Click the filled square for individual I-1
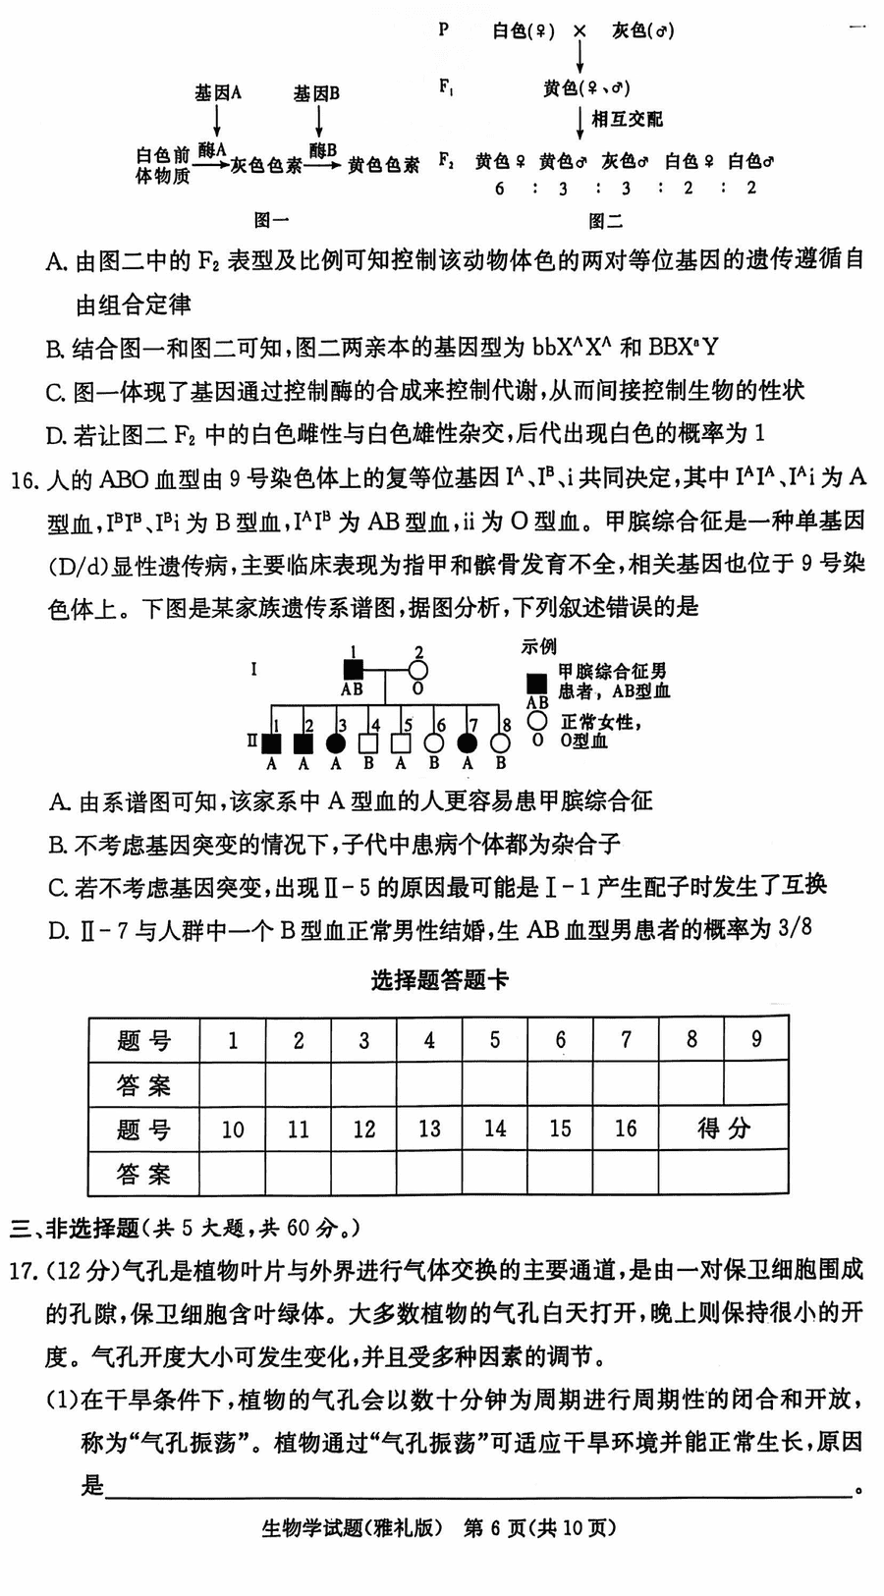point(352,670)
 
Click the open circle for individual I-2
point(417,670)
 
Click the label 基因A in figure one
point(217,93)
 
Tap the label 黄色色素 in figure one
point(383,165)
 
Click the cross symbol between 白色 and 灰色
point(580,31)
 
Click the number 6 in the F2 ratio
point(500,189)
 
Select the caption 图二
point(605,221)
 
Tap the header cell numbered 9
point(755,1039)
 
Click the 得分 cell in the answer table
point(723,1128)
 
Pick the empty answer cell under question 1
point(233,1084)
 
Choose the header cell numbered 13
point(429,1128)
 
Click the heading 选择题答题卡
point(440,980)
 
